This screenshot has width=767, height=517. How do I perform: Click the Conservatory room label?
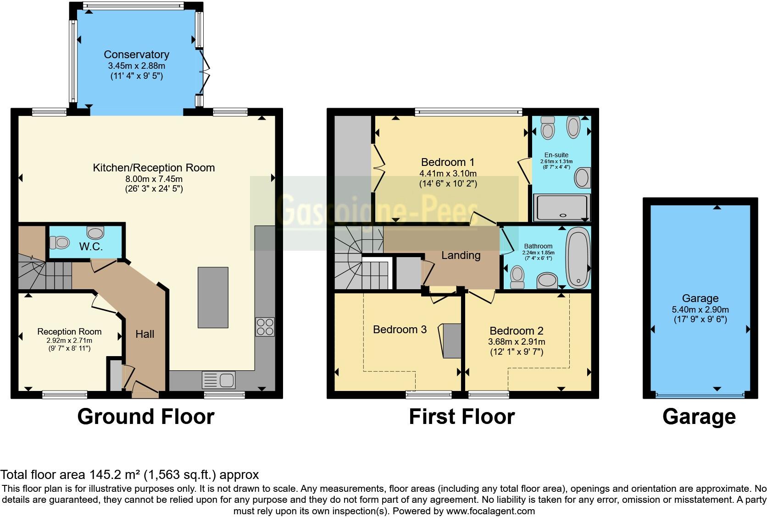[x=136, y=55]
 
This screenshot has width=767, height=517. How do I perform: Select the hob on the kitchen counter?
[x=265, y=327]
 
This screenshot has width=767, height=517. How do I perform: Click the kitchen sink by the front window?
[x=218, y=380]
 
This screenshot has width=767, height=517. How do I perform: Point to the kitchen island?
[x=213, y=297]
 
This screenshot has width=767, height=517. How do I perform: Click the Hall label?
[x=145, y=334]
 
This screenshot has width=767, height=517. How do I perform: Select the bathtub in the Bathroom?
[x=578, y=258]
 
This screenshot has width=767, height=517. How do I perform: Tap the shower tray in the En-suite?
[x=562, y=208]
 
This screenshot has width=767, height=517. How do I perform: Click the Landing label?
[x=461, y=255]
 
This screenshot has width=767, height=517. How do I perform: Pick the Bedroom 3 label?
[x=400, y=330]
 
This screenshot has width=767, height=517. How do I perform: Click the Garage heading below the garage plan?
[x=699, y=417]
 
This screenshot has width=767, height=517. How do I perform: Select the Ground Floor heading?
[x=146, y=417]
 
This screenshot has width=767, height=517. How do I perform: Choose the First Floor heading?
[x=462, y=417]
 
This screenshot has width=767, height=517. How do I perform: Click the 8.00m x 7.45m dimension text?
[x=154, y=179]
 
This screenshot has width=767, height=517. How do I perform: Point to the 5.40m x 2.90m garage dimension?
[x=700, y=310]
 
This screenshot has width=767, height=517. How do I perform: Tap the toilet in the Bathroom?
[x=517, y=277]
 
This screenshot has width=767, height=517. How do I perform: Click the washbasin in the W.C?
[x=95, y=233]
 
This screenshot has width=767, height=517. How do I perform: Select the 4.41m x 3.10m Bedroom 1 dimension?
[x=448, y=173]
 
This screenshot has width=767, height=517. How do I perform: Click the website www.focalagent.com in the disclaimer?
[x=490, y=511]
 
